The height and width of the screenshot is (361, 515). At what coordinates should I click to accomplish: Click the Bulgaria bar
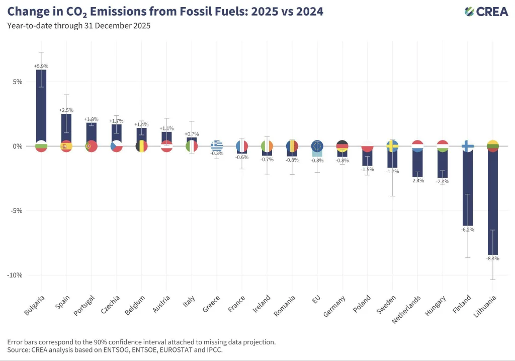click(41, 106)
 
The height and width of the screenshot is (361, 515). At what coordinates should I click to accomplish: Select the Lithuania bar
click(493, 201)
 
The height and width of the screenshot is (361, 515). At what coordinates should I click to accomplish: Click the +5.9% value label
click(41, 66)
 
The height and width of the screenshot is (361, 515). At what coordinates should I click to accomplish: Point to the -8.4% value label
click(493, 258)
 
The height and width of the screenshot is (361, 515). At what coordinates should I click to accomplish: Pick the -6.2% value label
click(468, 229)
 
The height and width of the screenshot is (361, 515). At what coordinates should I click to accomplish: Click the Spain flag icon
click(66, 147)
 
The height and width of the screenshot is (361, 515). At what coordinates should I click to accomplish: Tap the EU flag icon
click(317, 147)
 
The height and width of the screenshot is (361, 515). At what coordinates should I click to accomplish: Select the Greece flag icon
click(217, 147)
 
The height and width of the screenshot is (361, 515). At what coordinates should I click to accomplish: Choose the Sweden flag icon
click(392, 147)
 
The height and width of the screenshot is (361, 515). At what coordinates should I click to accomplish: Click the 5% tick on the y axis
click(18, 82)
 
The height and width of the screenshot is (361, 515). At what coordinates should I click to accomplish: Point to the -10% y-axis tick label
click(15, 275)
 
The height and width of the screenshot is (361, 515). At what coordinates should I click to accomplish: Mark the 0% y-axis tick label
click(18, 146)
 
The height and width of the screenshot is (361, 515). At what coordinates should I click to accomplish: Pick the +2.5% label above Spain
click(66, 110)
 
